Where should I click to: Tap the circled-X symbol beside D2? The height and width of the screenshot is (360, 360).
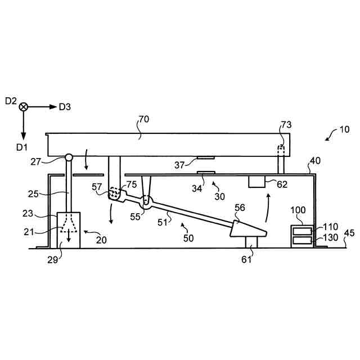click(24, 106)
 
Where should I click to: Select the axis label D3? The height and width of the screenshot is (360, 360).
click(66, 106)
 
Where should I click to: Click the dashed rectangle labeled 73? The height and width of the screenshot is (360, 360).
click(281, 150)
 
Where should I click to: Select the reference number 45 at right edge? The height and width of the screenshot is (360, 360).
click(349, 232)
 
